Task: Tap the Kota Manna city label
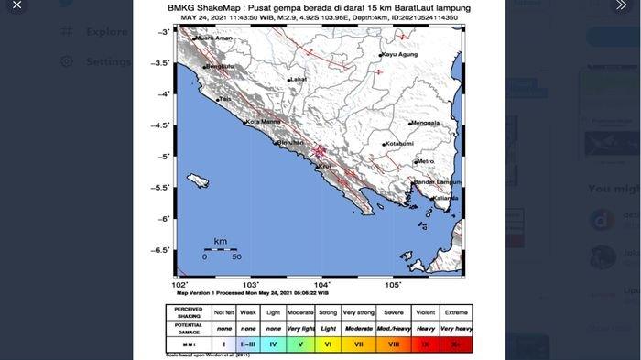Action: tap(261, 123)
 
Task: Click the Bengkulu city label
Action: tap(219, 67)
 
